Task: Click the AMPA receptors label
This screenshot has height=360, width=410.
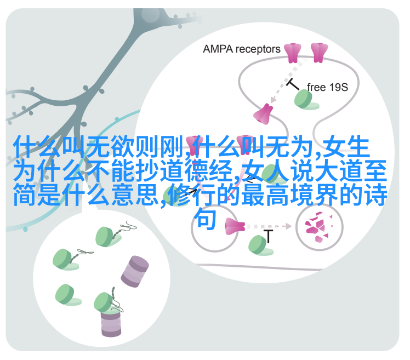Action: click(241, 49)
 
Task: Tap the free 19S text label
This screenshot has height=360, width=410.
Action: click(327, 87)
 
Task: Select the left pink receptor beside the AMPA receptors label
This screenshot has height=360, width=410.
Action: click(292, 53)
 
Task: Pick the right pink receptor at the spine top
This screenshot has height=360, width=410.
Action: click(319, 53)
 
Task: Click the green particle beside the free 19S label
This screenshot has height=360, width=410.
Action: click(305, 100)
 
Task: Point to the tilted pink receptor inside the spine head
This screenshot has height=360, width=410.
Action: click(263, 114)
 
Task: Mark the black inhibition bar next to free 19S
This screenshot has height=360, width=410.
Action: click(293, 84)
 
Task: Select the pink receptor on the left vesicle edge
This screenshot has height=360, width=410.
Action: click(235, 226)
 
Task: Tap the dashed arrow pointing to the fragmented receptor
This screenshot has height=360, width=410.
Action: click(269, 226)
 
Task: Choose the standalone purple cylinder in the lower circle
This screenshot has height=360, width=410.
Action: click(135, 272)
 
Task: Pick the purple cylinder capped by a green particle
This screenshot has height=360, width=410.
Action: click(111, 322)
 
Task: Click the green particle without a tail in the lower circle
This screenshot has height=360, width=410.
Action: click(67, 295)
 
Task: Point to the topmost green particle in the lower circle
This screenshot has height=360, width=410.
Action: click(107, 237)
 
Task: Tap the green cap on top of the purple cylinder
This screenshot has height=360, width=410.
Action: click(106, 303)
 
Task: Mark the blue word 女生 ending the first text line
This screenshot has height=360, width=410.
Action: click(347, 147)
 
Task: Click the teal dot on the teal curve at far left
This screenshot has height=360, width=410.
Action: click(25, 229)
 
